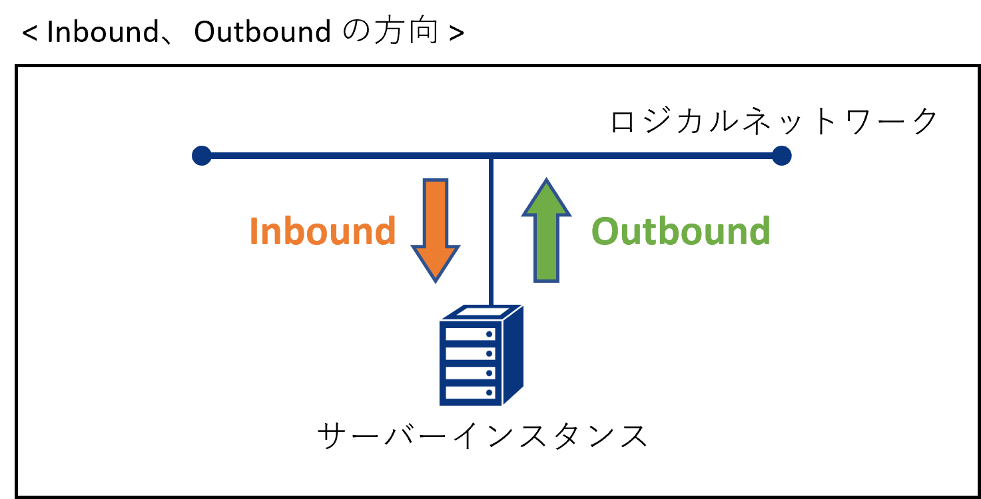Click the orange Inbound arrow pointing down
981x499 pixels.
click(436, 230)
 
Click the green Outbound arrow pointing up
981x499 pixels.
click(546, 230)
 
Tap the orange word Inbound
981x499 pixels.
click(323, 230)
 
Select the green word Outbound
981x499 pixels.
click(681, 230)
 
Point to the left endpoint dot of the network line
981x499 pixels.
click(201, 156)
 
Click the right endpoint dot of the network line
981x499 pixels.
click(782, 156)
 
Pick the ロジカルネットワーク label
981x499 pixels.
click(774, 120)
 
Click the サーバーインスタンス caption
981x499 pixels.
click(482, 436)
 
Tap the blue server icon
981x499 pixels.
click(482, 355)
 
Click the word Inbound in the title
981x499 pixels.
click(103, 32)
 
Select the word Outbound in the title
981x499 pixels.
click(262, 32)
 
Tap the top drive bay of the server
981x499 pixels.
click(470, 334)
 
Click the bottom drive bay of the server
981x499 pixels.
click(470, 393)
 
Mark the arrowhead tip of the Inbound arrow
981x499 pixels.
click(436, 283)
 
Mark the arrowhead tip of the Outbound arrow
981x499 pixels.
click(546, 178)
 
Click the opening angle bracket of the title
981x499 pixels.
click(29, 33)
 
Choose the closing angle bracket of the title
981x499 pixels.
click(456, 33)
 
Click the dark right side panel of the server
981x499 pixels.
click(513, 354)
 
